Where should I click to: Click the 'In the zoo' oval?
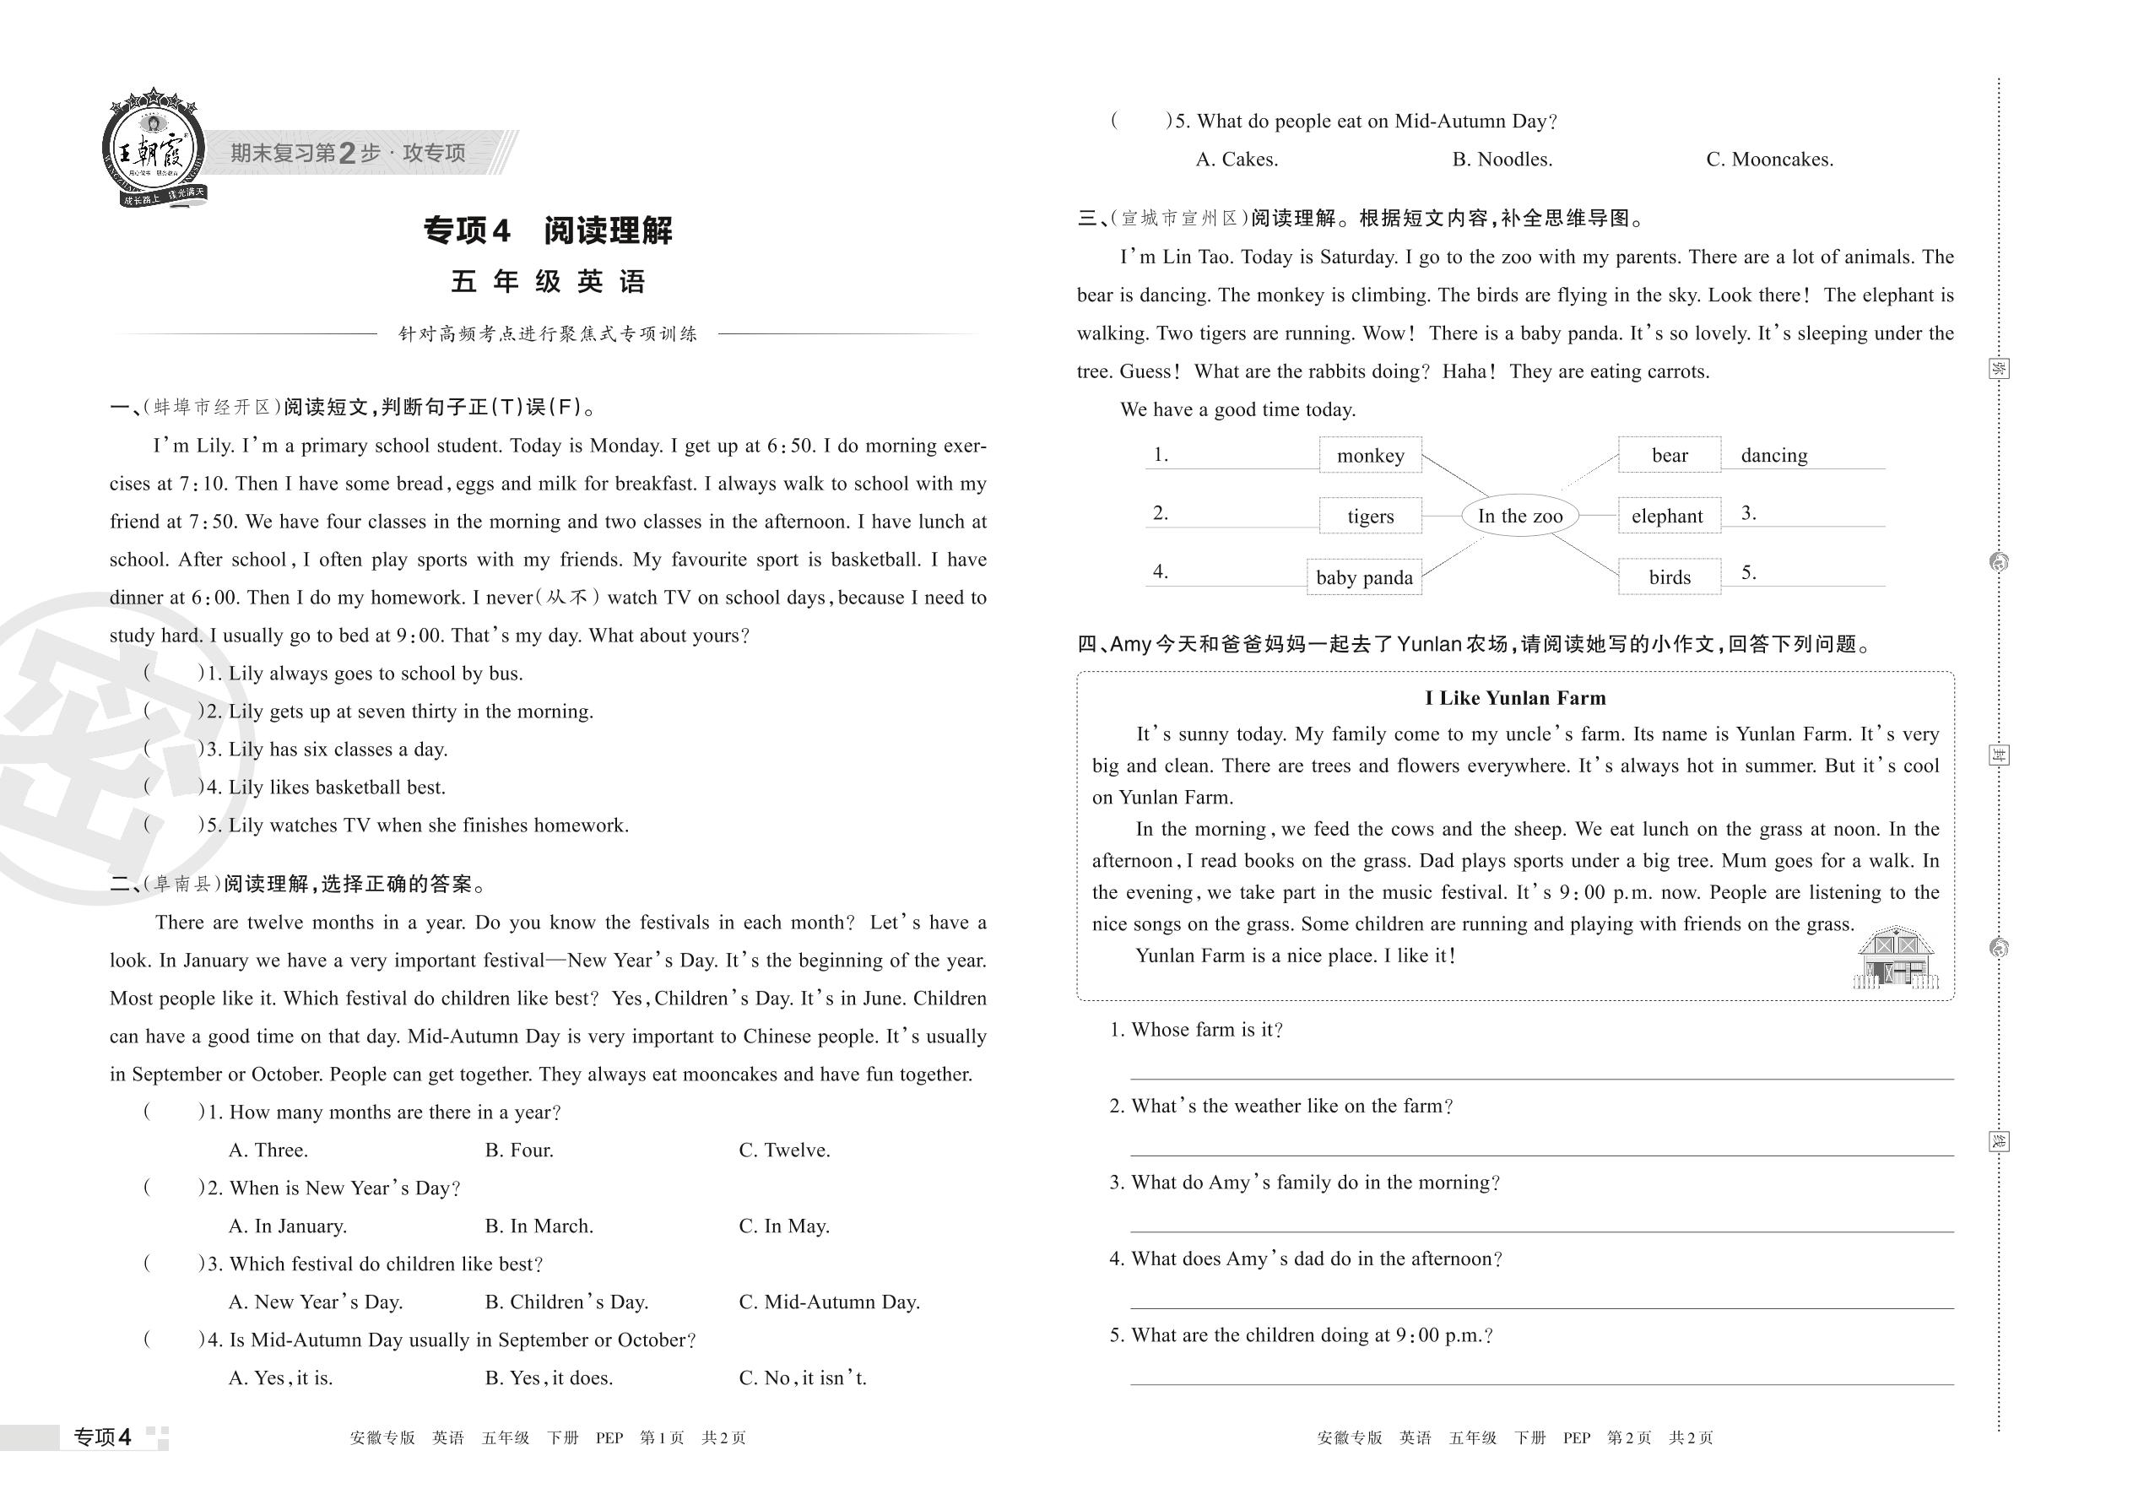[1519, 516]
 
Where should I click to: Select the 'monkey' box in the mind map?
[1370, 456]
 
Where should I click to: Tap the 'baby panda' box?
[1363, 577]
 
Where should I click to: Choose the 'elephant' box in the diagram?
[1667, 516]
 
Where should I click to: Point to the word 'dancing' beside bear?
[1773, 456]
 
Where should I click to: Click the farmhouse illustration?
[1895, 957]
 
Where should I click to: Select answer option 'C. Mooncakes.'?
[1768, 160]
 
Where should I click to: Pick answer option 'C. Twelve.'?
[784, 1150]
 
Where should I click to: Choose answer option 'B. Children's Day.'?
[566, 1302]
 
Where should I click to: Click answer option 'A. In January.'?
[287, 1226]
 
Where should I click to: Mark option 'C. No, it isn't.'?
[802, 1378]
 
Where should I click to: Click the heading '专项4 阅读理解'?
[548, 230]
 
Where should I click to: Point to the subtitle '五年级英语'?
[548, 282]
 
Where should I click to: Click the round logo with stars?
[153, 149]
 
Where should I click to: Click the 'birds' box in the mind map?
[1669, 577]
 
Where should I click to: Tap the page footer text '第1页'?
[661, 1438]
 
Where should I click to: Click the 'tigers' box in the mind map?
[1370, 516]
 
